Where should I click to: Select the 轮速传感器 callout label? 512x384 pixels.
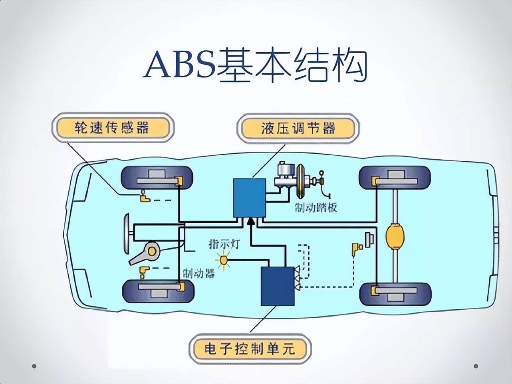pos(112,128)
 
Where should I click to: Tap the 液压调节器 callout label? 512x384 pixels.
pos(298,129)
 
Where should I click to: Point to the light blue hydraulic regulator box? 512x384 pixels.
pos(250,198)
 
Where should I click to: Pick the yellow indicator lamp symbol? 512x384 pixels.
pos(224,261)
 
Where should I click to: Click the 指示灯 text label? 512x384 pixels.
pos(224,243)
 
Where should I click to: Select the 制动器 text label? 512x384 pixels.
pos(198,273)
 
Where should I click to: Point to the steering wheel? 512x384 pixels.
pos(127,234)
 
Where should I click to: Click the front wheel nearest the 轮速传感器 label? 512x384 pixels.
pos(157,178)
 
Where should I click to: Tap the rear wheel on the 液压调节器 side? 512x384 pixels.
pos(395,178)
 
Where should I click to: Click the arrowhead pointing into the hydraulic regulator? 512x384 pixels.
pos(250,221)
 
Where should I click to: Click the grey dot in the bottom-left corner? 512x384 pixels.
pos(34,366)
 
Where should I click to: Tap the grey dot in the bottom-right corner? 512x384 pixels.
pos(476,366)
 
